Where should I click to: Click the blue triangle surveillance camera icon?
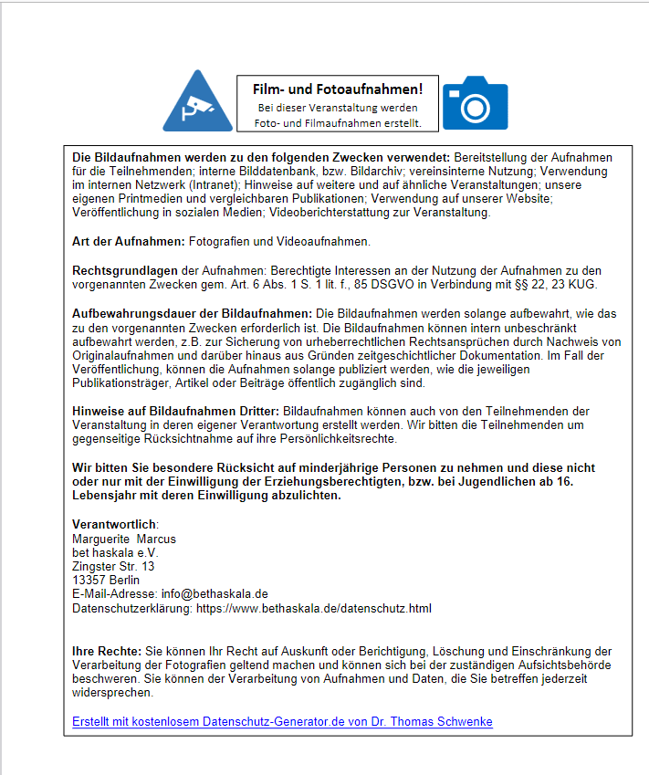(x=197, y=103)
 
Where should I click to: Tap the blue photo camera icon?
(x=475, y=103)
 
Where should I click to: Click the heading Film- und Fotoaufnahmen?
(x=338, y=89)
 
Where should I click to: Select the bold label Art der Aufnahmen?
(x=129, y=241)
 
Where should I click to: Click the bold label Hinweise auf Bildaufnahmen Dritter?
(x=177, y=411)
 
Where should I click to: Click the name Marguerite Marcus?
(x=124, y=539)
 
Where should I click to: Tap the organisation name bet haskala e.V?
(x=115, y=552)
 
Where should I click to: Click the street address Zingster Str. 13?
(x=113, y=566)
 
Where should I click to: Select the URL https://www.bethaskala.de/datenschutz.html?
(x=314, y=608)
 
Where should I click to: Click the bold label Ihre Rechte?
(x=107, y=651)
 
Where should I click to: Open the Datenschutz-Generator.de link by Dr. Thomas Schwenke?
(x=282, y=721)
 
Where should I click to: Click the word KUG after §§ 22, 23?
(x=581, y=285)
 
